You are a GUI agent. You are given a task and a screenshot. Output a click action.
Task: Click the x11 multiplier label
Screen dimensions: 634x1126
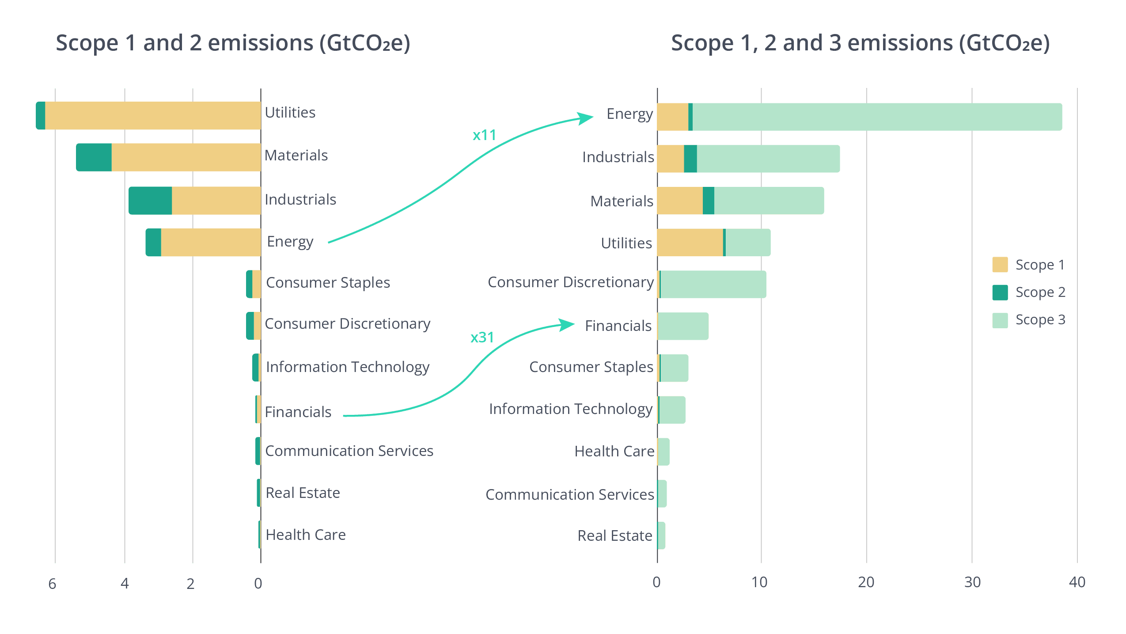click(484, 135)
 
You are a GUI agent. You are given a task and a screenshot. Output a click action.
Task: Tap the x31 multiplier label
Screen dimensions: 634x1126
click(482, 338)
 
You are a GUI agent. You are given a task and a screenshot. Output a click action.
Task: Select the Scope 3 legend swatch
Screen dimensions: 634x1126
click(1000, 320)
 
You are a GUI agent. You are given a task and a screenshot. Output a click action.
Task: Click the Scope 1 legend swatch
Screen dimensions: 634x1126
click(1000, 265)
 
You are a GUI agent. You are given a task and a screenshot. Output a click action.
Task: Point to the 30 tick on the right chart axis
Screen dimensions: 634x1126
click(972, 582)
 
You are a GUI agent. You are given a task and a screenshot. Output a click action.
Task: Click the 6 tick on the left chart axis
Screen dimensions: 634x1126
click(53, 584)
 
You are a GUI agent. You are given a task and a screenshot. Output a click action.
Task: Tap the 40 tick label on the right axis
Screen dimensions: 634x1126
click(1077, 582)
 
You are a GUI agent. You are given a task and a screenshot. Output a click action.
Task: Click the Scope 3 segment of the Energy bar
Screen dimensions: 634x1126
click(877, 117)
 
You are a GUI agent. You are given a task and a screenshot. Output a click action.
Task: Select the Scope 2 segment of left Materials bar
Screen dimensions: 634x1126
click(94, 157)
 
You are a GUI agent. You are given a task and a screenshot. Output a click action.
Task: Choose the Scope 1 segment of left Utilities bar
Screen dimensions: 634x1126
click(153, 116)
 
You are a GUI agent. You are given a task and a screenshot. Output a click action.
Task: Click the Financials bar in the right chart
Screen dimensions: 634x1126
click(683, 326)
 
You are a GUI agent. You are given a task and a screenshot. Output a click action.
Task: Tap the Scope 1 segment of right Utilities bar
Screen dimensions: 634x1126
click(690, 242)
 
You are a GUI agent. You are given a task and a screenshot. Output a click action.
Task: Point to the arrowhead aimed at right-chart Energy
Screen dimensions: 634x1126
click(586, 118)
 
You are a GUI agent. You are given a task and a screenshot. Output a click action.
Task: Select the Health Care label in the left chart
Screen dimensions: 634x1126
click(306, 535)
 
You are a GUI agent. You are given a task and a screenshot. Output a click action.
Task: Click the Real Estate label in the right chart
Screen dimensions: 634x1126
click(614, 536)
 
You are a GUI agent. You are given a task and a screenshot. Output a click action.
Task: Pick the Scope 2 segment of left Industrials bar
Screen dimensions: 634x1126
click(150, 200)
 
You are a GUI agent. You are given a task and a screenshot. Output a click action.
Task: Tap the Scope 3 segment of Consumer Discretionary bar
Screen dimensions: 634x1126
click(713, 284)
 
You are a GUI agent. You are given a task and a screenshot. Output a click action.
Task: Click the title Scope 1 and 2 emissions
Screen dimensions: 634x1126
click(233, 43)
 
